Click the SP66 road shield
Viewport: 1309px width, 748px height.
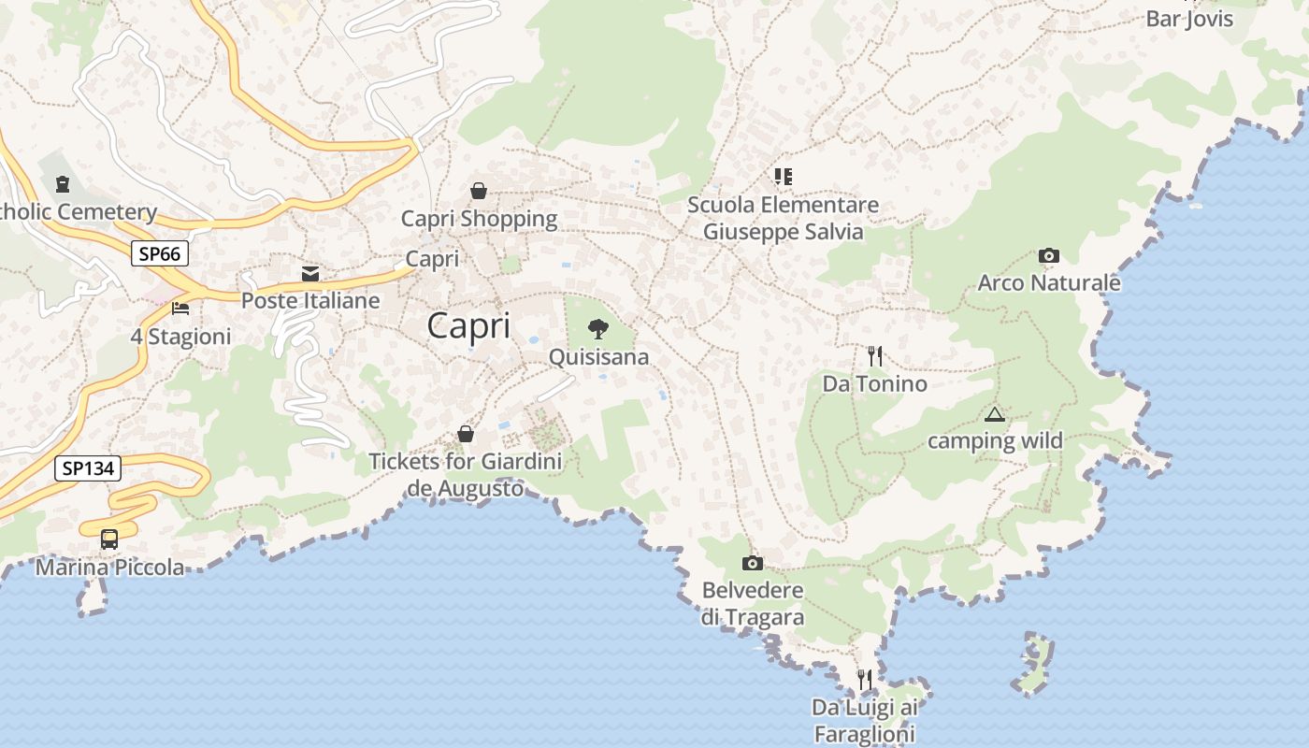[x=160, y=253]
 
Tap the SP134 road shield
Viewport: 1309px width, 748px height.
[x=88, y=468]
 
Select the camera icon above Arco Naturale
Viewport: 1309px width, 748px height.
[x=1049, y=255]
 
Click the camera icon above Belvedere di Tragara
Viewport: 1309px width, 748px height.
[x=752, y=563]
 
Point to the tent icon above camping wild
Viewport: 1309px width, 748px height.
[x=994, y=414]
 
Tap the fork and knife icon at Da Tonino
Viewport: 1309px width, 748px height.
[x=875, y=356]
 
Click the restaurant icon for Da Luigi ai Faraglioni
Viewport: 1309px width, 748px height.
[x=865, y=679]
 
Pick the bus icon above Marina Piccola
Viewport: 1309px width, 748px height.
[x=109, y=539]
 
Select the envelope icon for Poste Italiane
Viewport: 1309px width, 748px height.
[x=310, y=274]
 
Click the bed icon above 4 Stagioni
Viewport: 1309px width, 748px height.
[x=180, y=309]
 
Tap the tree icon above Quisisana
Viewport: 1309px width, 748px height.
[x=598, y=329]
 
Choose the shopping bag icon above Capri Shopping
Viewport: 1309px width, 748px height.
[x=479, y=191]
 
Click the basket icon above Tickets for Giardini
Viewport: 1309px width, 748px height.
[x=465, y=434]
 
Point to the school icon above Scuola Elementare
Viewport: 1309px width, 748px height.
[x=783, y=176]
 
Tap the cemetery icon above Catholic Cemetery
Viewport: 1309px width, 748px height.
[x=63, y=184]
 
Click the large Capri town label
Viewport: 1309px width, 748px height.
[x=468, y=326]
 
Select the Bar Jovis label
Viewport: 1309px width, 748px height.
[x=1189, y=20]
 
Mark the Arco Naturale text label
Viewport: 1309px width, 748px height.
[x=1048, y=282]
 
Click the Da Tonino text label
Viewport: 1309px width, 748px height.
[x=874, y=383]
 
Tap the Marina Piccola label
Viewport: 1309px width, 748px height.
[x=109, y=567]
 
